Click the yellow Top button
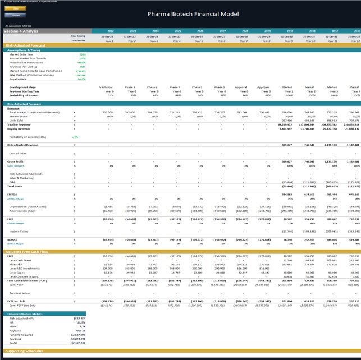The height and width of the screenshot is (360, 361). coord(15,10)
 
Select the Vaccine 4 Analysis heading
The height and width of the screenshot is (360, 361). coord(22,31)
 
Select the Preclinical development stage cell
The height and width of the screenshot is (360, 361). coord(106,87)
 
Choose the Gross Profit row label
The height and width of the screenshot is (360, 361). coord(17,161)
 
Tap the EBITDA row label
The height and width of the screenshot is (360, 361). coord(13,194)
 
